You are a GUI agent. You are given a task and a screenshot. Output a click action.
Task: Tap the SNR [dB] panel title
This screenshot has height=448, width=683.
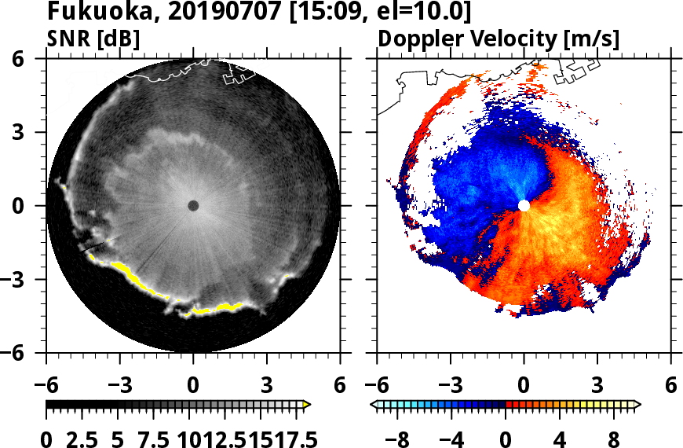(93, 38)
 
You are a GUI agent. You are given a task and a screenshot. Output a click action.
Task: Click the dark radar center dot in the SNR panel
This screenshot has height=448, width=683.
(193, 206)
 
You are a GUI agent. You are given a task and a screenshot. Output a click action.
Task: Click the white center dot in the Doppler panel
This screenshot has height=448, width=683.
(524, 206)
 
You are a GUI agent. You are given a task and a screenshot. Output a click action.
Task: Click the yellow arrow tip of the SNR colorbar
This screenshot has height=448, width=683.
(307, 405)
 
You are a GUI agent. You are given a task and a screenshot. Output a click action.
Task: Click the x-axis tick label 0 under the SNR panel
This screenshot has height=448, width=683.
(193, 386)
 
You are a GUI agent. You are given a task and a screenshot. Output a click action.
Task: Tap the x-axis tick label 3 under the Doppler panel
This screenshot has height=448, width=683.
(597, 386)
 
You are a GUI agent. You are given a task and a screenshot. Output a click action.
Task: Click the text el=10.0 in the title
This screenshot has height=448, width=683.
(429, 13)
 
